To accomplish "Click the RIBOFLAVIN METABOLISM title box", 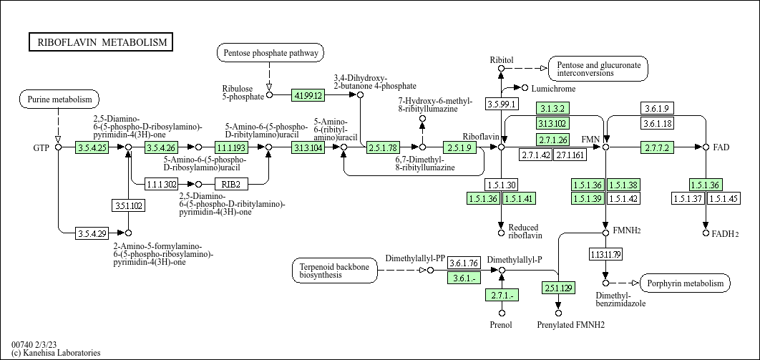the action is tap(101, 42).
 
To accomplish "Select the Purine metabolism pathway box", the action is tap(59, 99).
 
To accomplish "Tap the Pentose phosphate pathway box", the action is tap(271, 53).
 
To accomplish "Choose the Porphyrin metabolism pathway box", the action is tap(686, 283).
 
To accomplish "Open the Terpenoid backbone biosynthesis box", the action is tap(335, 271).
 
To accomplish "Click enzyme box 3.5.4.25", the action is tap(92, 147).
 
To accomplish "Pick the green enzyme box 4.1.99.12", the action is tap(308, 95).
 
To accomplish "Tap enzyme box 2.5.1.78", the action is tap(383, 147).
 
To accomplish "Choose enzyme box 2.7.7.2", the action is tap(657, 147).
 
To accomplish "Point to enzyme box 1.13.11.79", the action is tap(606, 254).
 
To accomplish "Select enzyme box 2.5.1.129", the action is tap(558, 288).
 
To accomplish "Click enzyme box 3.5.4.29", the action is tap(92, 233).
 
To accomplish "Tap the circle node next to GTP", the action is tap(58, 147).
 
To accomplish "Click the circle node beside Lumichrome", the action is tap(525, 88).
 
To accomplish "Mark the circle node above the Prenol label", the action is tap(502, 313).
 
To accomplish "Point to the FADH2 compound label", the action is tap(725, 234).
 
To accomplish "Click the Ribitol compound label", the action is tap(502, 60).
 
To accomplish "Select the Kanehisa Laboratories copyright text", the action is tap(57, 353).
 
